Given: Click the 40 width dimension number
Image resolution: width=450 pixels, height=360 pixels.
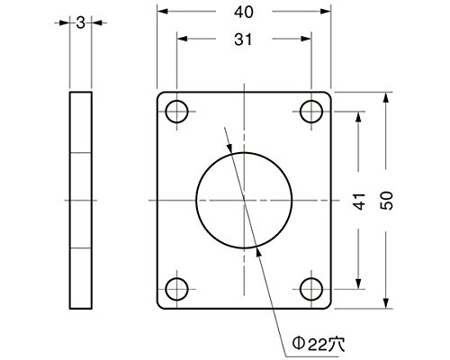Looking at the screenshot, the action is pyautogui.click(x=244, y=13).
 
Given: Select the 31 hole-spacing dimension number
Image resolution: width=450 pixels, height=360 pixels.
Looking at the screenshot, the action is pyautogui.click(x=243, y=40).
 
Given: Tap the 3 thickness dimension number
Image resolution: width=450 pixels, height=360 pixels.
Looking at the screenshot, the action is pyautogui.click(x=80, y=22).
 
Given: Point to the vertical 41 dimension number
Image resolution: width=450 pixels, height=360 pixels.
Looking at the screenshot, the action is pyautogui.click(x=359, y=201).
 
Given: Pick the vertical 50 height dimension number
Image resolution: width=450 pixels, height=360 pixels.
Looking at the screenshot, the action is pyautogui.click(x=386, y=201).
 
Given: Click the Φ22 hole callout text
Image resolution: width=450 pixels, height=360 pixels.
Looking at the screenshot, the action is pyautogui.click(x=319, y=344).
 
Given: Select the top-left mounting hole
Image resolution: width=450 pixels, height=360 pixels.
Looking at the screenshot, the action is pyautogui.click(x=176, y=112).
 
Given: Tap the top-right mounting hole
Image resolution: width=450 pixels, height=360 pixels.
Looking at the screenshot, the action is pyautogui.click(x=311, y=112).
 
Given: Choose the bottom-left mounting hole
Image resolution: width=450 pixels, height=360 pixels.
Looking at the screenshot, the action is pyautogui.click(x=176, y=289).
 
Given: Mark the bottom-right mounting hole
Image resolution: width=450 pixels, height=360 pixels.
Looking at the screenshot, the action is pyautogui.click(x=311, y=289).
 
